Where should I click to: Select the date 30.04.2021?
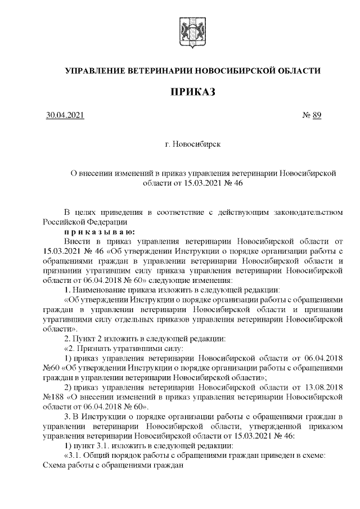(65, 116)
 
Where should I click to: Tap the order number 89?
(316, 116)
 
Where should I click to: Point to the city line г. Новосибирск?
(193, 145)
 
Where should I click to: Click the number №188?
(53, 397)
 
